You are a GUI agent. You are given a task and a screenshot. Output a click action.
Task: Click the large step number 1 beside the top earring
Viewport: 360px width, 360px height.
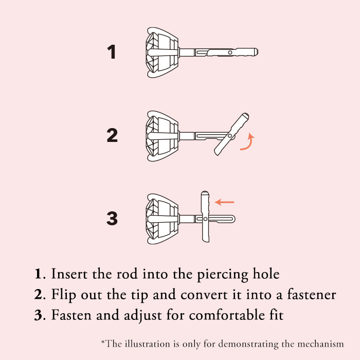112,51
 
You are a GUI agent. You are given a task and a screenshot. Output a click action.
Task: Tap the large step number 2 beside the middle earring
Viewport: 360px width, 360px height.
112,135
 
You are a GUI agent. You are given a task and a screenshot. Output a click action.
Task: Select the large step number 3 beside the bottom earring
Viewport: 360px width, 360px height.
112,218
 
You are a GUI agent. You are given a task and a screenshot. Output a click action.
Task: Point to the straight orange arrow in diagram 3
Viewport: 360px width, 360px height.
224,202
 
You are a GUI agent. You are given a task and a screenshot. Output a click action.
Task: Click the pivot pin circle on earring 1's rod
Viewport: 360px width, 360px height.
230,52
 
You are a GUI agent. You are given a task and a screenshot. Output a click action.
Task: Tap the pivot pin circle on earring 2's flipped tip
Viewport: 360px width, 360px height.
230,136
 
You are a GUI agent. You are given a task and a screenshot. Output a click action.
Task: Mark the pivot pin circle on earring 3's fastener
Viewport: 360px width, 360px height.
206,219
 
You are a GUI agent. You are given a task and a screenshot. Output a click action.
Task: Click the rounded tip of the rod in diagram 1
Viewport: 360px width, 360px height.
256,52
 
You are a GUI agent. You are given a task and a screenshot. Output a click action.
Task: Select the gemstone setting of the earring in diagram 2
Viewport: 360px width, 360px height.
162,136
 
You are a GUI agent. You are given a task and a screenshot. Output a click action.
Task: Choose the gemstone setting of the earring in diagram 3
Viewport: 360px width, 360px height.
162,219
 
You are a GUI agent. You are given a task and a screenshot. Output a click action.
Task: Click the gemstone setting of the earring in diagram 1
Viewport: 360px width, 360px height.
162,52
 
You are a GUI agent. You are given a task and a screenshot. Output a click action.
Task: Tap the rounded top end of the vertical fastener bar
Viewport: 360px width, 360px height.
205,192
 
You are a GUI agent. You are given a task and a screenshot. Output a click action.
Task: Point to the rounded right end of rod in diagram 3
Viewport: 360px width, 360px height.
233,219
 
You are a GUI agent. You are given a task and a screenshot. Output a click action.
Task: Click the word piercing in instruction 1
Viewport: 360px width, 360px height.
223,274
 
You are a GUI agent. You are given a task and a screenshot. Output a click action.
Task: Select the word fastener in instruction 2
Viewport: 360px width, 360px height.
312,295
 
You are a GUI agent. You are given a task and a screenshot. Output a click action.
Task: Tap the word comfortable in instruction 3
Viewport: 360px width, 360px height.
227,315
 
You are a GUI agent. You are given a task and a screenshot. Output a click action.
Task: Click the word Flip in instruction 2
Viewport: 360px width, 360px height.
63,295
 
